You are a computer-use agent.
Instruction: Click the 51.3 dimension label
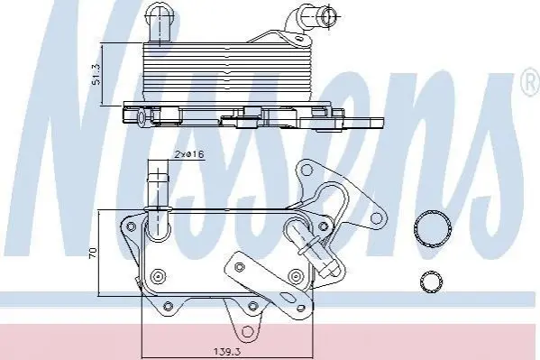coord(96,74)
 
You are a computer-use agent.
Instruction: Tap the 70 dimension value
coord(93,253)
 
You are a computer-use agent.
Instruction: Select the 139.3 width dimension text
coord(227,352)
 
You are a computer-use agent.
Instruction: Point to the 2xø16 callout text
coord(188,154)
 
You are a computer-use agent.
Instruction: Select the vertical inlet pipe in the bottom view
coord(158,193)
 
